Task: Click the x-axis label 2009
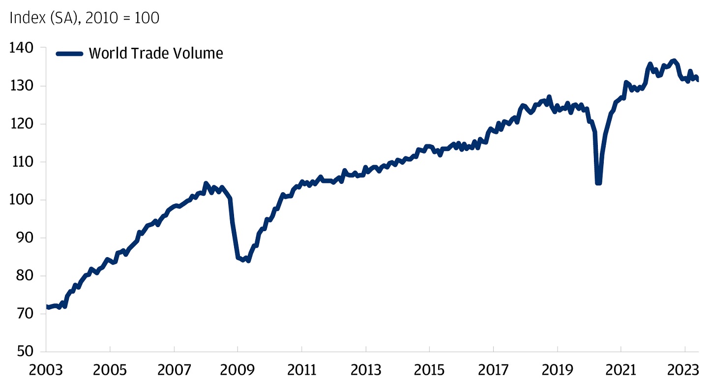click(237, 370)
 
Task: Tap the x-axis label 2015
click(429, 370)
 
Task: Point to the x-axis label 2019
click(557, 370)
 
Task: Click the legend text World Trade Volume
click(156, 53)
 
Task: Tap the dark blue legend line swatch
click(69, 54)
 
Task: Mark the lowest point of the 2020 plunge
click(598, 183)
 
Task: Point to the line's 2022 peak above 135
click(674, 60)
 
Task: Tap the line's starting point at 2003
click(46, 307)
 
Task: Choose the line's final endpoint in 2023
click(698, 80)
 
